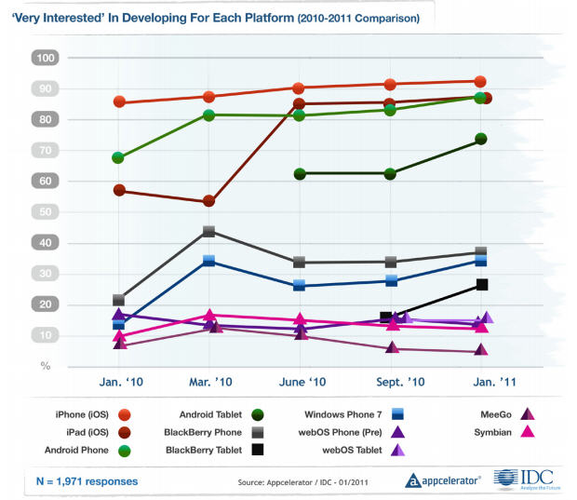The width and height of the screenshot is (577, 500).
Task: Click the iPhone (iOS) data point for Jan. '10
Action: tap(119, 101)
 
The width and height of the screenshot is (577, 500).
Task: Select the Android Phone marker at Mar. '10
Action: tap(209, 115)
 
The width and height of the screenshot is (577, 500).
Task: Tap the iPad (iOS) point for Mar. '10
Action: tap(209, 201)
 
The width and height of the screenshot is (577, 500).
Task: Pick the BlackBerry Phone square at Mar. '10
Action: tap(209, 231)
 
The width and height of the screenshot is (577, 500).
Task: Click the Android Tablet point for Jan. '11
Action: tap(481, 139)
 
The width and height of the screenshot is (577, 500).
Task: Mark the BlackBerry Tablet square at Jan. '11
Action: tap(481, 285)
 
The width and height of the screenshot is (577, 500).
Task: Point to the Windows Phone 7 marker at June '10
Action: tap(300, 285)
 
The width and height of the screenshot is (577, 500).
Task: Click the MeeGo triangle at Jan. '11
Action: tap(481, 350)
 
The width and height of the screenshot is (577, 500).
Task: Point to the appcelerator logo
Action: tap(443, 480)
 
